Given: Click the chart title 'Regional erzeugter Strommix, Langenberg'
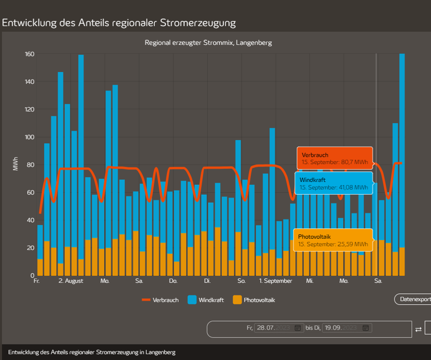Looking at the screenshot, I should (x=208, y=43).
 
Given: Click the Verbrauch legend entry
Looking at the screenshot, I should (x=161, y=300).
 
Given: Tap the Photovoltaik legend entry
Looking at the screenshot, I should (x=254, y=300).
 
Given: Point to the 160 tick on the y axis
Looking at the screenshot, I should (x=29, y=54).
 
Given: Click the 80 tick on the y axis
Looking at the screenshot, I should (x=30, y=165).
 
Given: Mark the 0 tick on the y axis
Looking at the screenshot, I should (x=32, y=275).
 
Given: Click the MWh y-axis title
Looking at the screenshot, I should (x=15, y=164).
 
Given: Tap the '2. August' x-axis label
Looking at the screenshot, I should (x=71, y=281).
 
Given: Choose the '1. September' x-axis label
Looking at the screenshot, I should (x=276, y=281).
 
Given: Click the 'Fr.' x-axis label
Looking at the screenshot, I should (x=37, y=281).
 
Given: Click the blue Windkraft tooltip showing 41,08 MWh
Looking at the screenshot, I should (x=334, y=184).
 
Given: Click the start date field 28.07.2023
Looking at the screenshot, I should (x=274, y=328).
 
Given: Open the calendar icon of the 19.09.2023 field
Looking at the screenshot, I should (x=365, y=328).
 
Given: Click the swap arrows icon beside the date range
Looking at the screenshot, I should (x=418, y=330).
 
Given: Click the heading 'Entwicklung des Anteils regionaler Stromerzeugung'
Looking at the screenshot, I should (x=119, y=23).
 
